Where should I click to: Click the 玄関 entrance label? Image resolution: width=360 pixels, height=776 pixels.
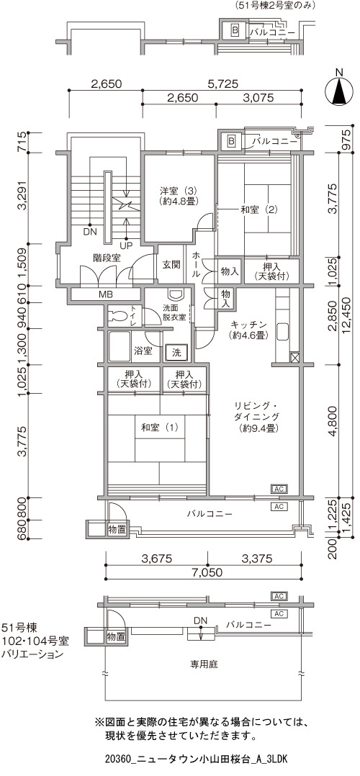(x=171, y=263)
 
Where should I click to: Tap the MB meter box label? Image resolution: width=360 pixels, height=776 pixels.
(x=105, y=294)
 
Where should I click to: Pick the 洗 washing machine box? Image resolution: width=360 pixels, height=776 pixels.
(x=176, y=353)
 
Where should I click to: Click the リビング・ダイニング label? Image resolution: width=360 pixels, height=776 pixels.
(x=257, y=418)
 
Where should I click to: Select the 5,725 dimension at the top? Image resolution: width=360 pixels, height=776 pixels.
(x=223, y=84)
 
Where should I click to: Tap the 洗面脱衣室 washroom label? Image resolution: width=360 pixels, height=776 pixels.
(x=175, y=312)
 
